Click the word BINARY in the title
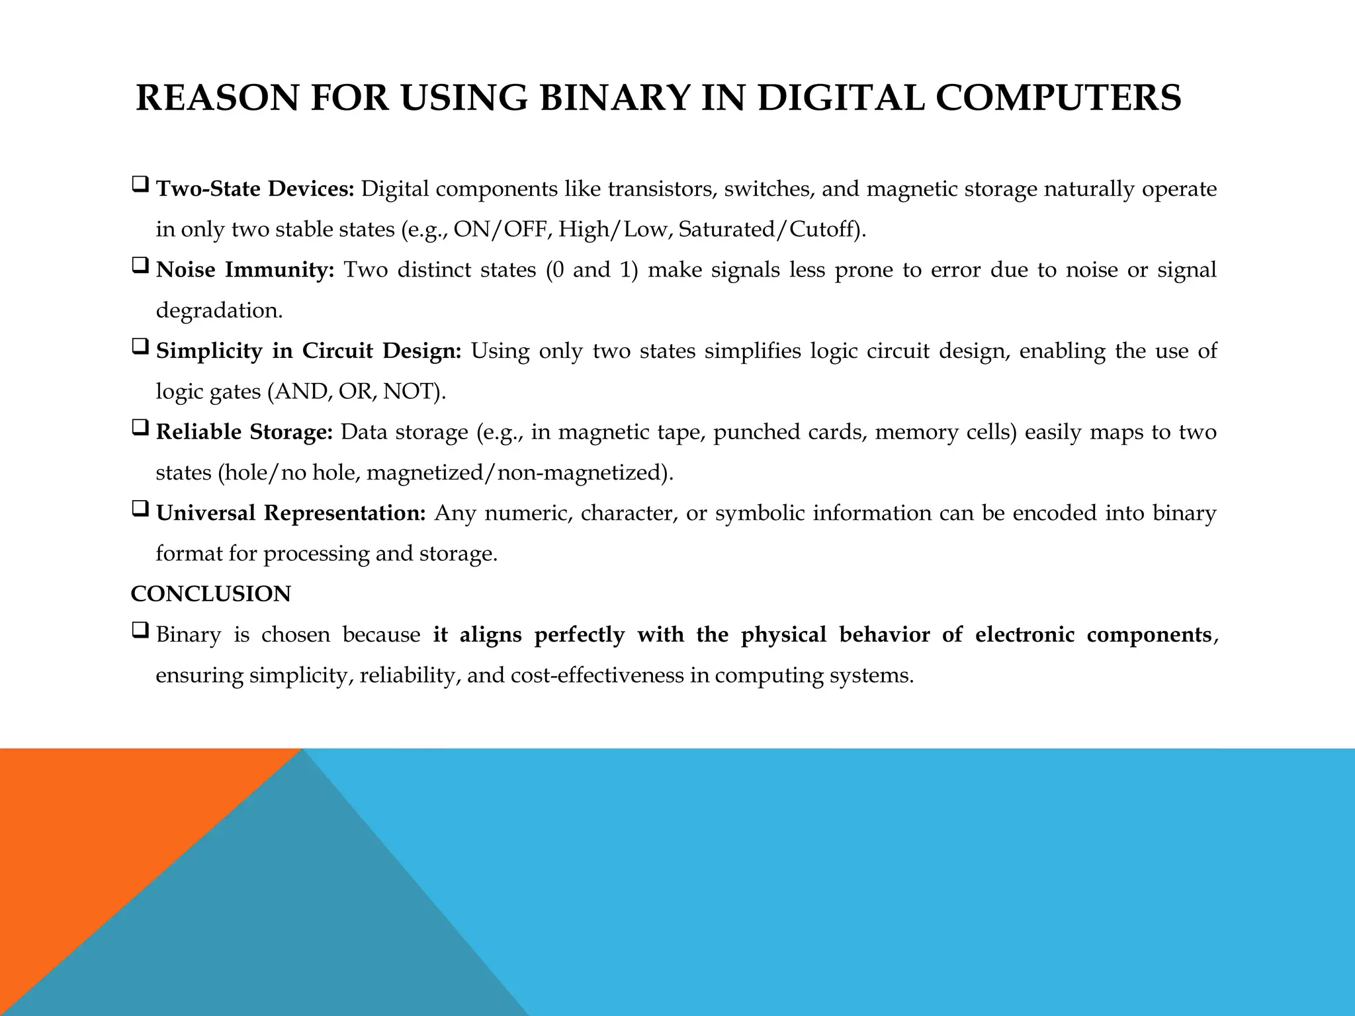click(615, 98)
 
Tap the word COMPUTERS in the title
click(1058, 98)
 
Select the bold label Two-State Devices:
click(255, 189)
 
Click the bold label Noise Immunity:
click(245, 270)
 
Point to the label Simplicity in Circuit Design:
click(308, 351)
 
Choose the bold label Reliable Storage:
click(244, 432)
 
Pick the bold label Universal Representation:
click(291, 513)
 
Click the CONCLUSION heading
click(210, 594)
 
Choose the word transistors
click(662, 189)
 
